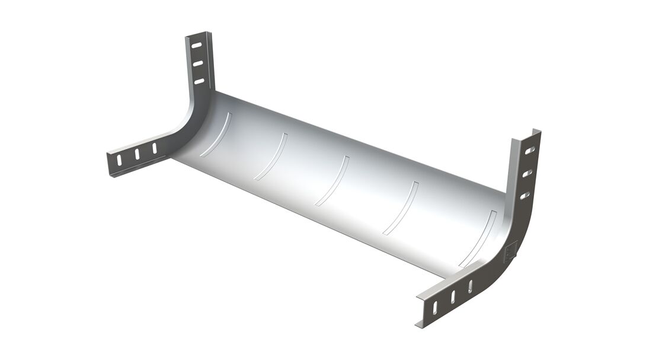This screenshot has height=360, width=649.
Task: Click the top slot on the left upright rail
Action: pos(197,44)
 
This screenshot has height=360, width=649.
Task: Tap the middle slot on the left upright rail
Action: pos(198,62)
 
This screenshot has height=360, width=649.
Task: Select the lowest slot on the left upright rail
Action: pos(199,81)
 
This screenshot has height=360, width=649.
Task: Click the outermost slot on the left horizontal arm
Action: pos(119,160)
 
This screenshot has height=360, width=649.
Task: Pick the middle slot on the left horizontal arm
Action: pos(136,154)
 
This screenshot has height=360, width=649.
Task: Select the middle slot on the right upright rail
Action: pos(526,173)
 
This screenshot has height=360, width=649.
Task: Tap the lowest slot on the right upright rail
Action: pos(524,195)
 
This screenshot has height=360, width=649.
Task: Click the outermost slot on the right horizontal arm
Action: pos(435,307)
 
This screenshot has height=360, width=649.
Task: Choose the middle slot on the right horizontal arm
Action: pos(453,297)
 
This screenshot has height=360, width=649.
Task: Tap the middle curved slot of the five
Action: pos(333,181)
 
